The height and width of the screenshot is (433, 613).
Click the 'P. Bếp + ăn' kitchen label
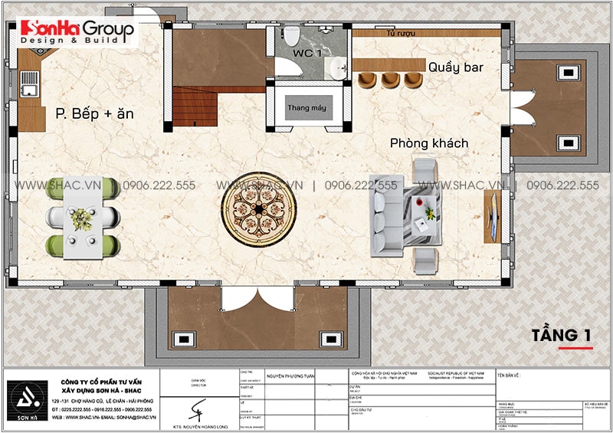point(94,113)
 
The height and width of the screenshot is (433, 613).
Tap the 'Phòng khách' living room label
point(428,143)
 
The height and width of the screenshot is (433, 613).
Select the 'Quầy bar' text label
point(455,67)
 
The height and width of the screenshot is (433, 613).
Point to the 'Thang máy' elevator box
point(306,108)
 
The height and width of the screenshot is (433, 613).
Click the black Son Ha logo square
point(28,395)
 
